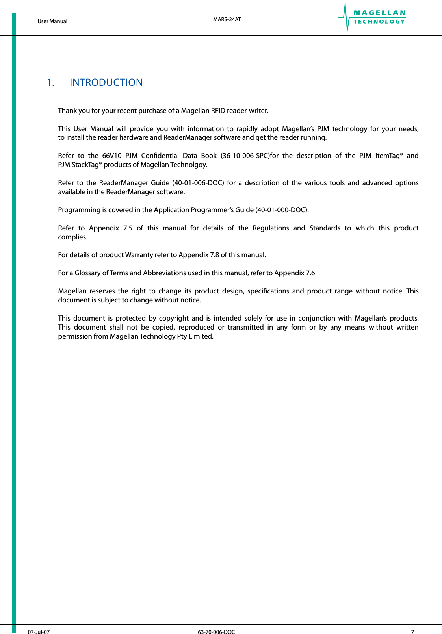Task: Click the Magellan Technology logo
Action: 372,17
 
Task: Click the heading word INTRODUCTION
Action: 106,83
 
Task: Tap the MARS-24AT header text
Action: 227,19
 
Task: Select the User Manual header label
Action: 52,21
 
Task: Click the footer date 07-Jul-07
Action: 39,632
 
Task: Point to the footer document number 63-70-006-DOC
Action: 216,632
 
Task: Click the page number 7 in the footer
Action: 412,632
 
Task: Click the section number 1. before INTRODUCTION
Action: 50,83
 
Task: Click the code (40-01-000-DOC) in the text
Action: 282,210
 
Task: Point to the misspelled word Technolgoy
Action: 188,165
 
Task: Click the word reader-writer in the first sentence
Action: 247,111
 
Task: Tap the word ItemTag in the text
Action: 388,156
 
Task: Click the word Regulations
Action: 271,228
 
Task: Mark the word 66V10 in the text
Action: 111,156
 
